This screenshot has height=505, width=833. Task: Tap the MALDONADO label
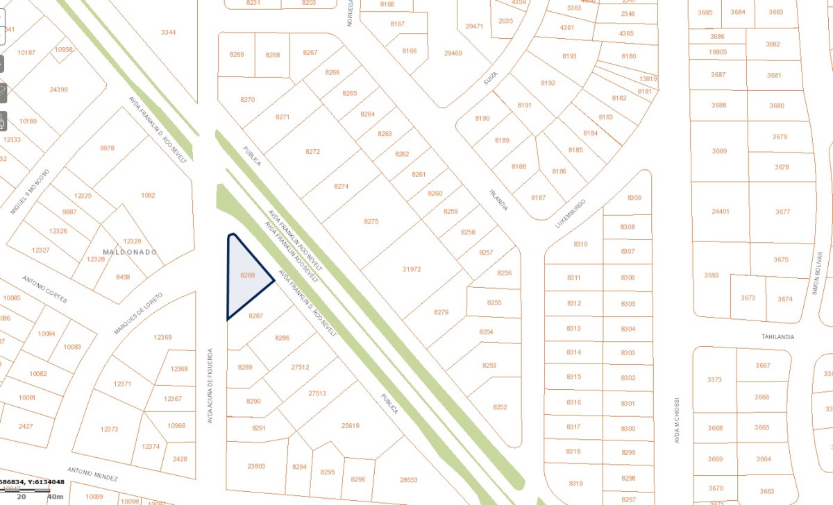(x=130, y=252)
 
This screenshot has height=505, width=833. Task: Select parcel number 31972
(x=412, y=269)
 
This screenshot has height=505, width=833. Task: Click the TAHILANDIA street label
(x=777, y=336)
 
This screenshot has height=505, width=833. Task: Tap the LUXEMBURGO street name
(x=571, y=214)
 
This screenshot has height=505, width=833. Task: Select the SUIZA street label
(x=491, y=80)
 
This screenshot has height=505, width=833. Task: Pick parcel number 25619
(x=351, y=425)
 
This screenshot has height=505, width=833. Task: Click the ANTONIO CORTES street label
(x=45, y=289)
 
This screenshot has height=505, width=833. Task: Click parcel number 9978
(x=107, y=148)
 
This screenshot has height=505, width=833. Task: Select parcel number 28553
(x=409, y=479)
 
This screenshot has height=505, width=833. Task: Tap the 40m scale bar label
(x=55, y=496)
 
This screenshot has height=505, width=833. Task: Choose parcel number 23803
(x=256, y=466)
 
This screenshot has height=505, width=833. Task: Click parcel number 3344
(x=168, y=32)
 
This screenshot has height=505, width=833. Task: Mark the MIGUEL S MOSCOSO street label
(x=30, y=191)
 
